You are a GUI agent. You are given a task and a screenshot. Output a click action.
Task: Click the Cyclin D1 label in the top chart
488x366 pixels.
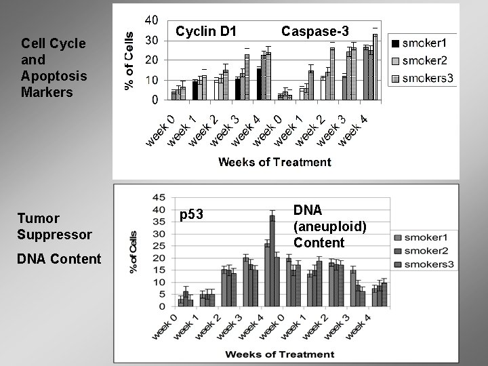tap(206, 31)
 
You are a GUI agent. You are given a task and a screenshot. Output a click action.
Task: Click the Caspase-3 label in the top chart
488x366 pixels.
tap(315, 31)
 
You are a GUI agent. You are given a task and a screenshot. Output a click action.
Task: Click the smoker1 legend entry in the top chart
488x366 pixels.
tap(422, 43)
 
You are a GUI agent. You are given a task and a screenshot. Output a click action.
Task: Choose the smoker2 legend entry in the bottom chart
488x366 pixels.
tap(423, 251)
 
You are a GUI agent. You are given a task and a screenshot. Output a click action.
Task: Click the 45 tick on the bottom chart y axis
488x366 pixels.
tap(159, 197)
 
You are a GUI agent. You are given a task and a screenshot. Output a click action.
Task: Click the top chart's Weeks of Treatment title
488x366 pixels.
tap(274, 161)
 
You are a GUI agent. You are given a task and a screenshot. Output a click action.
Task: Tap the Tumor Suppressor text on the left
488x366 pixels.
tap(55, 226)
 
